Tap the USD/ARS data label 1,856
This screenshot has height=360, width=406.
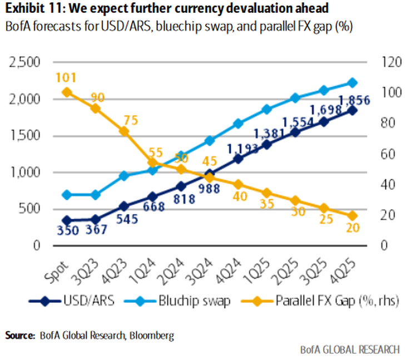pyautogui.click(x=354, y=100)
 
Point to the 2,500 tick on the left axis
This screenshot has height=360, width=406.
pyautogui.click(x=24, y=62)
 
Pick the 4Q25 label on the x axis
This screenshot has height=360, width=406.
pyautogui.click(x=346, y=267)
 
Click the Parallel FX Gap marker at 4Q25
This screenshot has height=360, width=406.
pyautogui.click(x=352, y=215)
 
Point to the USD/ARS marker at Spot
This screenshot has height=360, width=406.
pyautogui.click(x=67, y=220)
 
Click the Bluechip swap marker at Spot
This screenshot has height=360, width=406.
pyautogui.click(x=67, y=195)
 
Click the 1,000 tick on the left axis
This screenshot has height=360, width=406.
pyautogui.click(x=24, y=172)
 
